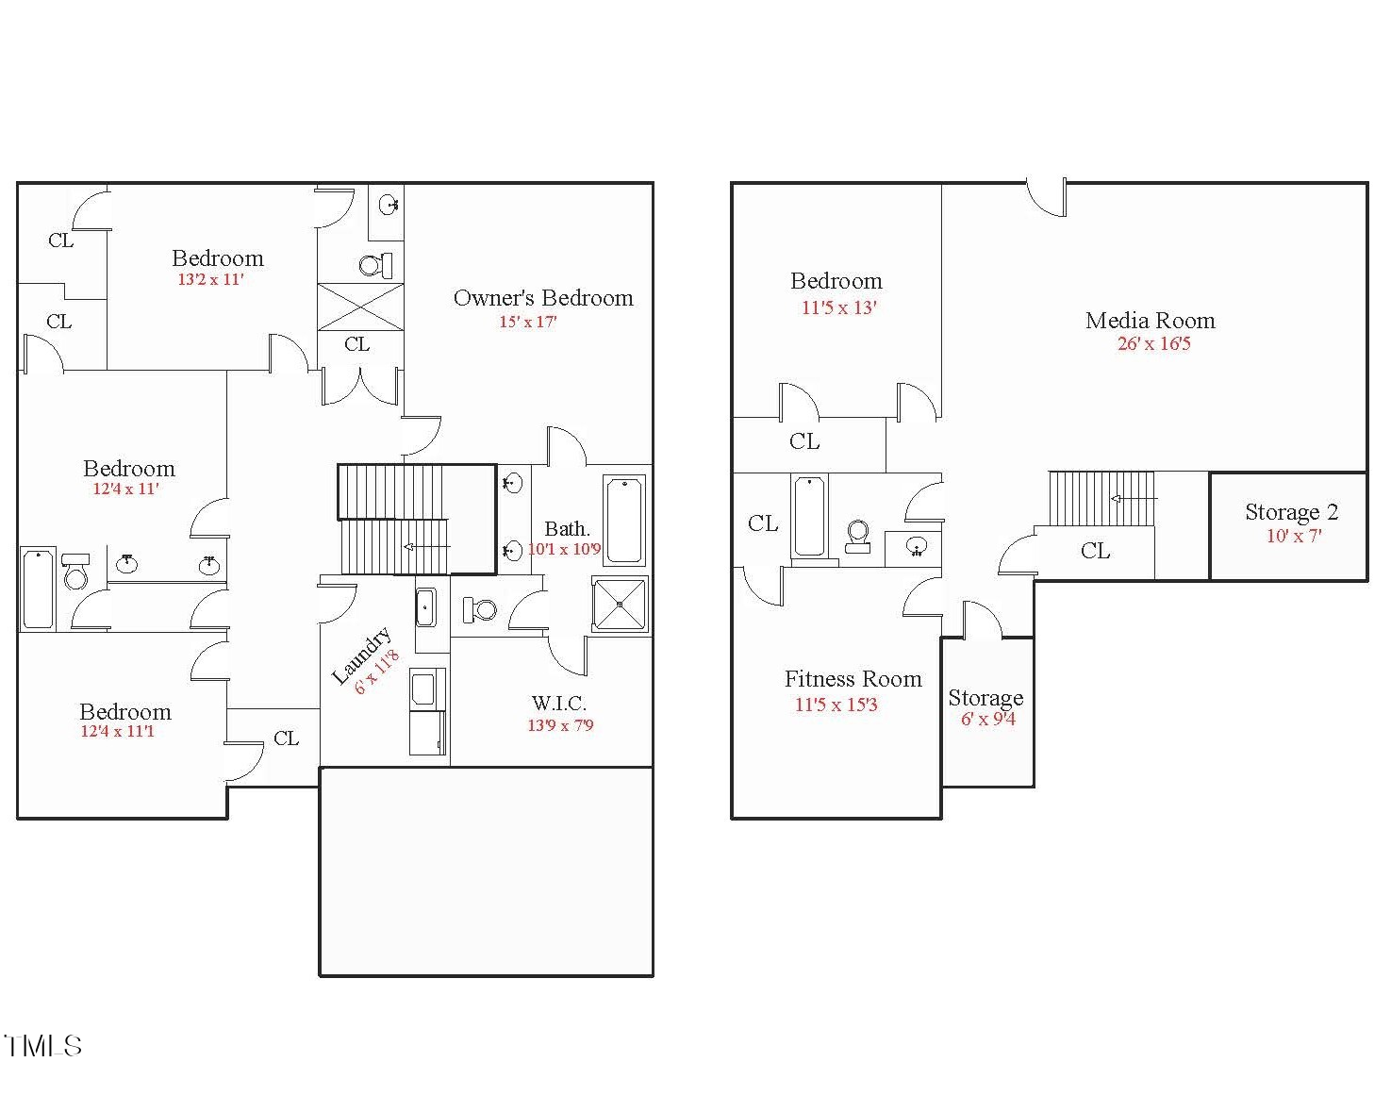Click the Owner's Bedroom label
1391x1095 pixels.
coord(543,299)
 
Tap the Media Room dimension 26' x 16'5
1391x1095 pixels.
coord(1154,344)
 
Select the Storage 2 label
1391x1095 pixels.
coord(1291,512)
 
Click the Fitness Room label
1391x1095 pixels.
coord(853,679)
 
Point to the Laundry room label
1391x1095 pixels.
coord(361,655)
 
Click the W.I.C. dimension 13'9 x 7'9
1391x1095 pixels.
coord(560,725)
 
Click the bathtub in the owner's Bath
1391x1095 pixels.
coord(623,521)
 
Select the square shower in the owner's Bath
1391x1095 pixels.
coord(620,605)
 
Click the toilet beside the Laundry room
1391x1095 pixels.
coord(480,609)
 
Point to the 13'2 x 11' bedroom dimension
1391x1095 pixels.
coord(210,280)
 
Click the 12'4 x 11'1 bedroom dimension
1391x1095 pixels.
coord(118,732)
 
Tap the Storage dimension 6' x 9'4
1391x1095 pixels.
coord(988,720)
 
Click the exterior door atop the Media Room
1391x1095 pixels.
coord(1047,197)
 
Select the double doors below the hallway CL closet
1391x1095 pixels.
coord(360,387)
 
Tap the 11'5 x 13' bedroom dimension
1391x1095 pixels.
coord(839,307)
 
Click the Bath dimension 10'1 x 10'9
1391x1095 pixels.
coord(564,550)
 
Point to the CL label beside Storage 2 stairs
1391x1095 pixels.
coord(1095,552)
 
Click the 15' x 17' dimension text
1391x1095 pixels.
coord(527,322)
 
